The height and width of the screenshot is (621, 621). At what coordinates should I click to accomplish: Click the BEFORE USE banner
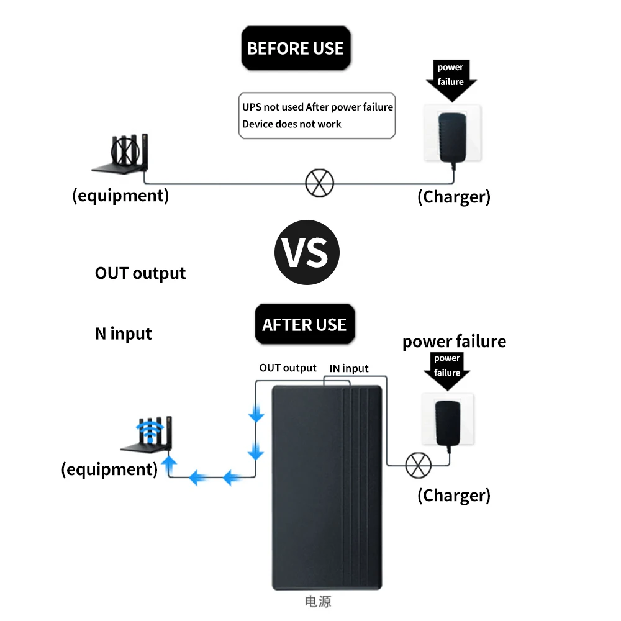pyautogui.click(x=295, y=48)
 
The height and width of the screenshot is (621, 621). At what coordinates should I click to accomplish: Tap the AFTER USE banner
pyautogui.click(x=304, y=325)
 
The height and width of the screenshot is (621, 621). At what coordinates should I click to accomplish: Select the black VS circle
pyautogui.click(x=307, y=253)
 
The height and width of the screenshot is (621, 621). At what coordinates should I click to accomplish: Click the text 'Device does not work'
pyautogui.click(x=291, y=124)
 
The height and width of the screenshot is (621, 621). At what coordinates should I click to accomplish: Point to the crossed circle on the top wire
pyautogui.click(x=320, y=183)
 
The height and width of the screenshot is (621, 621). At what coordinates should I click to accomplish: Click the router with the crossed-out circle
pyautogui.click(x=122, y=153)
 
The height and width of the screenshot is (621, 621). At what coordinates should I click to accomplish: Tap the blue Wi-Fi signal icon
pyautogui.click(x=148, y=432)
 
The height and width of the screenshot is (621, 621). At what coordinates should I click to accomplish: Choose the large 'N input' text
pyautogui.click(x=123, y=333)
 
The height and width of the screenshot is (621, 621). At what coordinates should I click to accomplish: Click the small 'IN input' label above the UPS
pyautogui.click(x=348, y=368)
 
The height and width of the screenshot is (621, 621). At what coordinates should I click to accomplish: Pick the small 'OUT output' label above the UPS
pyautogui.click(x=288, y=368)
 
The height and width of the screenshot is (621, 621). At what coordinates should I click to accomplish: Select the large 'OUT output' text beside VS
pyautogui.click(x=140, y=273)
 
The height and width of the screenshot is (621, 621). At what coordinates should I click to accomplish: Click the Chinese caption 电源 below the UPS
pyautogui.click(x=318, y=601)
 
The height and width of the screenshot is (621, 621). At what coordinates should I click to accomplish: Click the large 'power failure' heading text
pyautogui.click(x=454, y=342)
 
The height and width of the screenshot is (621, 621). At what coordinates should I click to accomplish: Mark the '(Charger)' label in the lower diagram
pyautogui.click(x=453, y=495)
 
